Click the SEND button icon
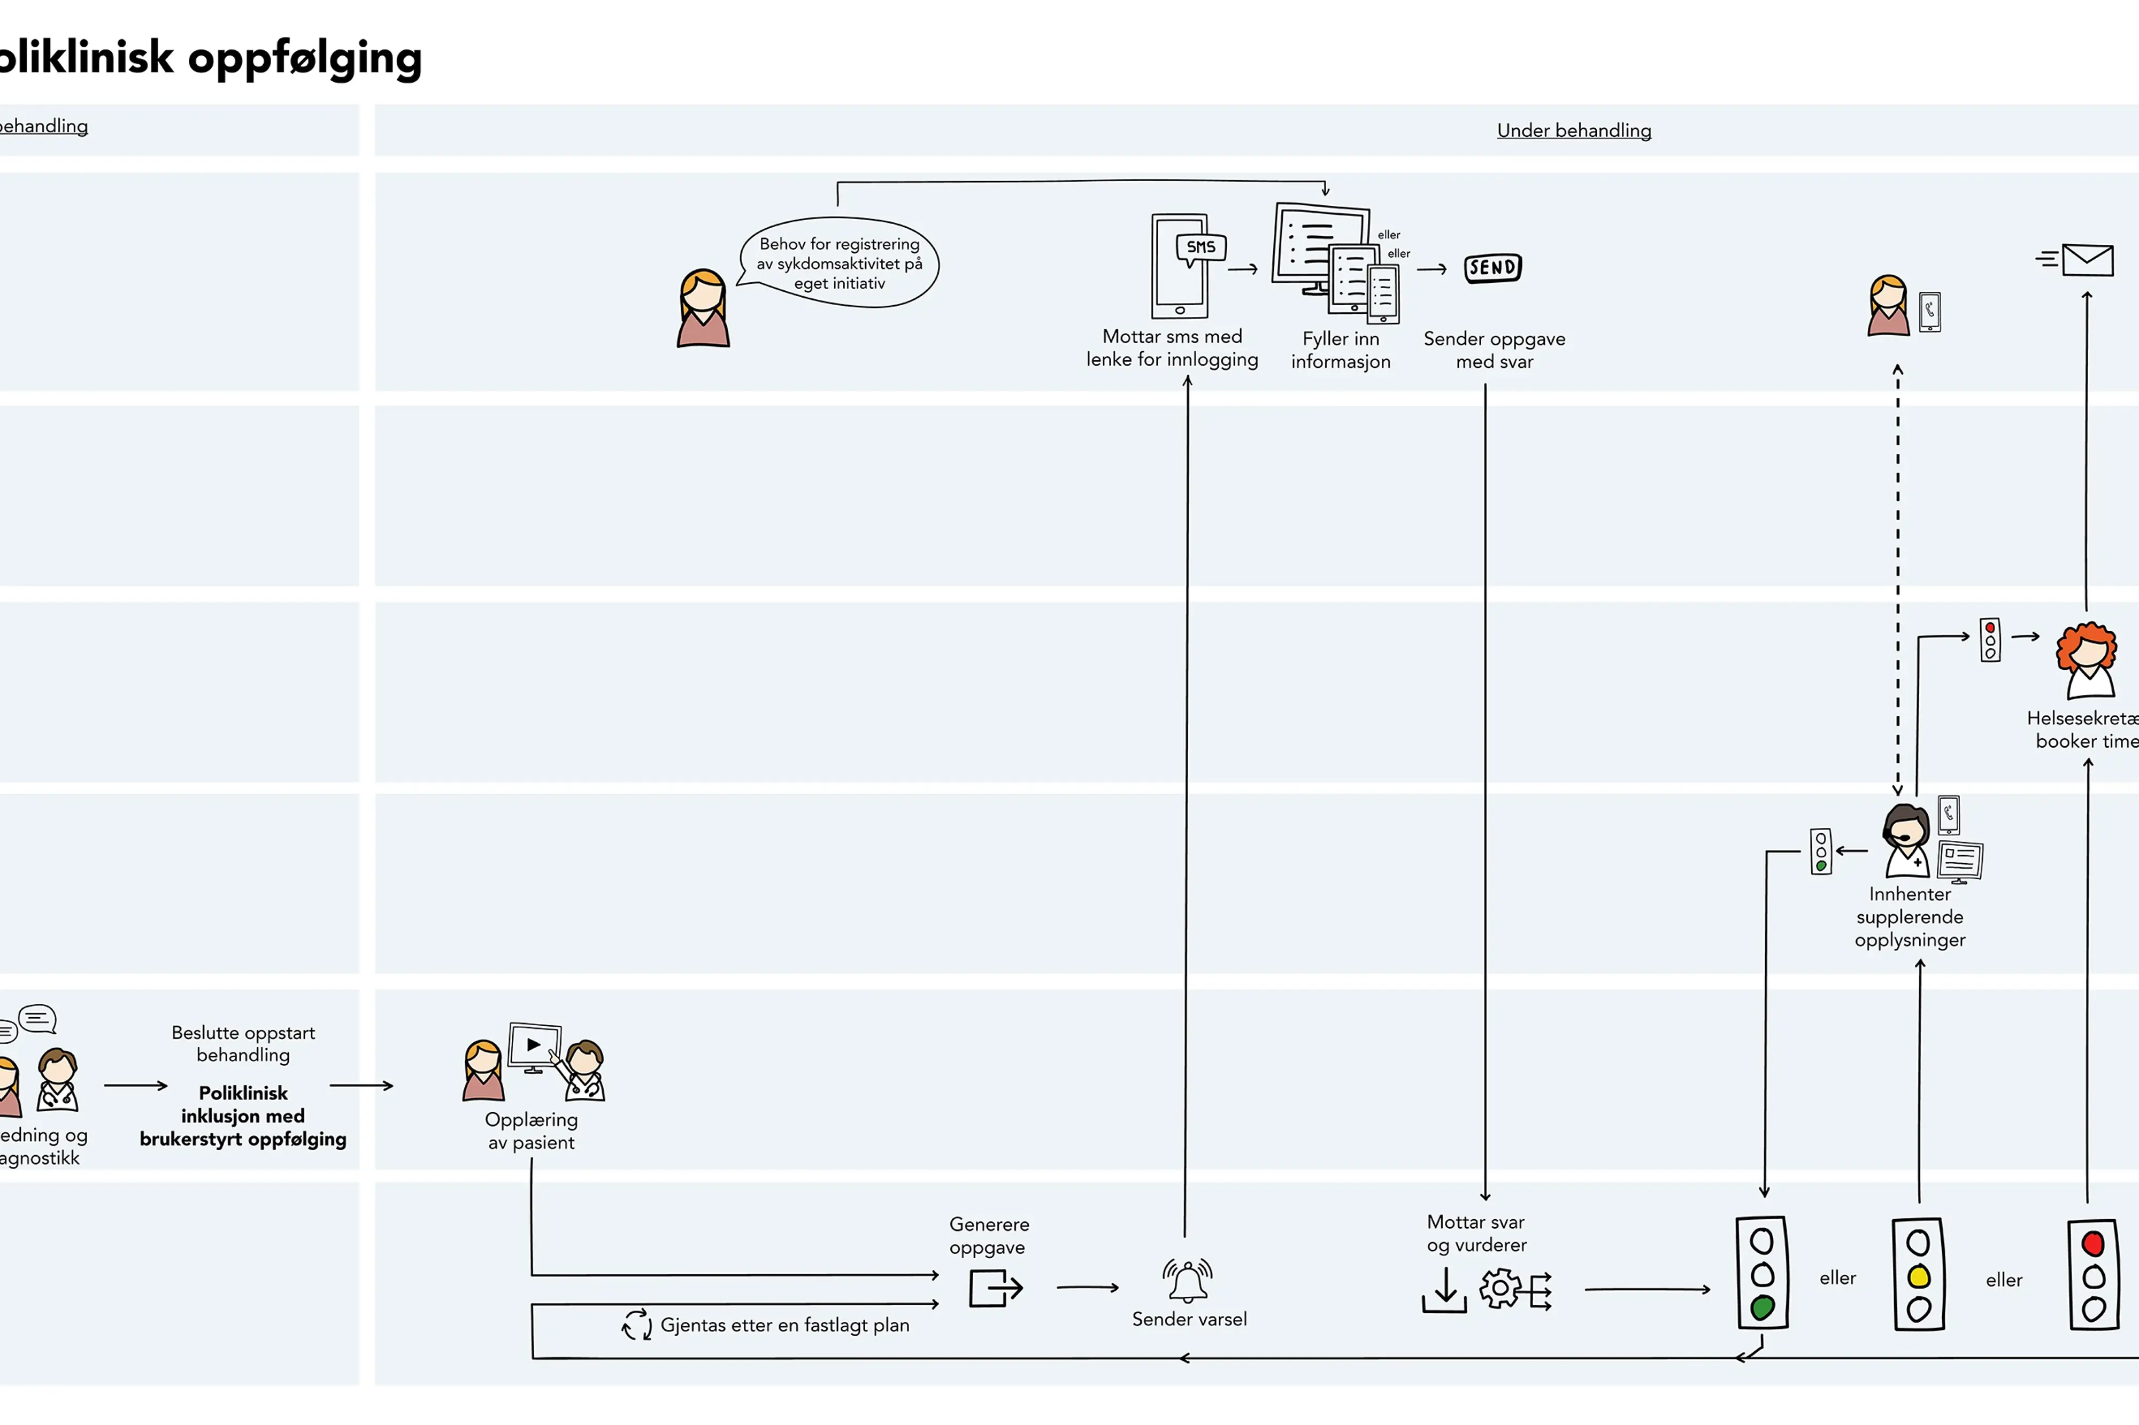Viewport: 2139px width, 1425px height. pyautogui.click(x=1492, y=268)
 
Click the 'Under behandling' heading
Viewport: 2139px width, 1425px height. pyautogui.click(x=1574, y=131)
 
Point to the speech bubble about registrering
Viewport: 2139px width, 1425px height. pyautogui.click(x=839, y=262)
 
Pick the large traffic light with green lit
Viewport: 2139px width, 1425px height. pyautogui.click(x=1762, y=1273)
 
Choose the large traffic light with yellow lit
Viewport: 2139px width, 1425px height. pyautogui.click(x=1918, y=1274)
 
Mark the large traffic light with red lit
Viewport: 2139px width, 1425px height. pyautogui.click(x=2092, y=1274)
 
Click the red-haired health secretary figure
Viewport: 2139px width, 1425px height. pyautogui.click(x=2087, y=660)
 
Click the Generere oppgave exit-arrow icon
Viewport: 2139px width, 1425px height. pyautogui.click(x=995, y=1288)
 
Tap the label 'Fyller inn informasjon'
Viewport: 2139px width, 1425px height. pyautogui.click(x=1340, y=350)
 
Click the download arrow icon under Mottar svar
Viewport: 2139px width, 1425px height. pyautogui.click(x=1444, y=1290)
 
